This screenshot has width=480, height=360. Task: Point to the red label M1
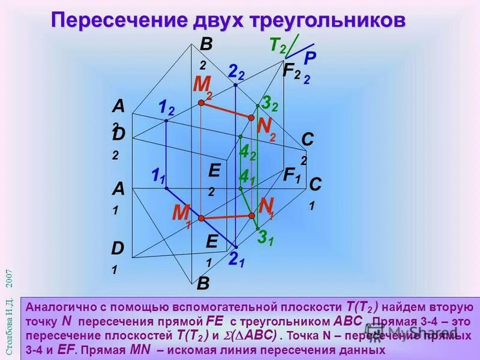click(181, 214)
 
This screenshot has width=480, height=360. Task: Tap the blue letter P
click(309, 59)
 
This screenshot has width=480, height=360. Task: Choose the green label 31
click(266, 238)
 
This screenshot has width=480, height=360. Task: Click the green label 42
click(247, 153)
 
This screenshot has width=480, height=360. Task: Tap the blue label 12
click(166, 108)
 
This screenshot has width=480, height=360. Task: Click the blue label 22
click(236, 72)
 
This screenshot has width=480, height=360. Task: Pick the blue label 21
click(236, 260)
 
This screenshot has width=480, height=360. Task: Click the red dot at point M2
click(202, 103)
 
